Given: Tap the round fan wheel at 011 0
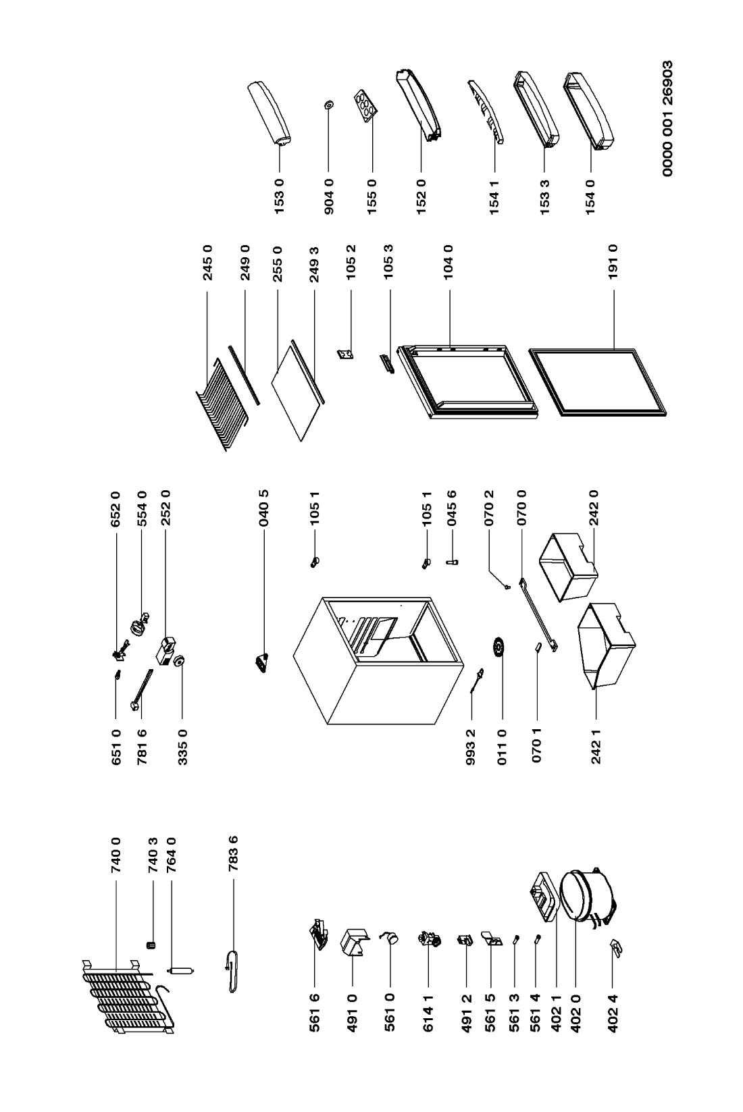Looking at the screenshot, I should click(x=501, y=647).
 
